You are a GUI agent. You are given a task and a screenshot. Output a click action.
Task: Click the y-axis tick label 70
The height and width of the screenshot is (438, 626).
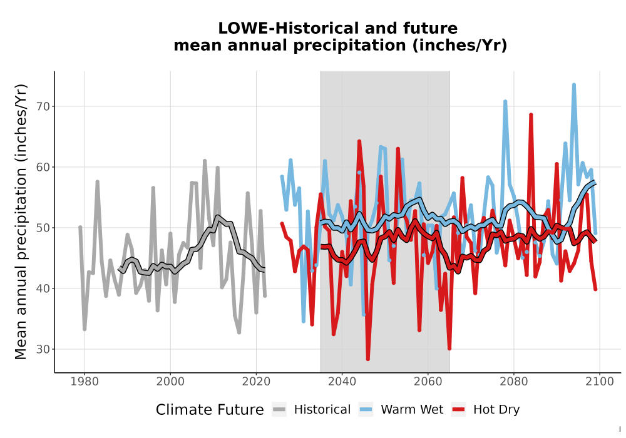tap(44, 106)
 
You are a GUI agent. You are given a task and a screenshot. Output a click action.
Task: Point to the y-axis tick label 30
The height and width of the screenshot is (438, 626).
tap(44, 349)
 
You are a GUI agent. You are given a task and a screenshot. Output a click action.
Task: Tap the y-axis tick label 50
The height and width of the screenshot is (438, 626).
tap(44, 228)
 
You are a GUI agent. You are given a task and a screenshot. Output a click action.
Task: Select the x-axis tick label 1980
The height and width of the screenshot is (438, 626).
tap(85, 382)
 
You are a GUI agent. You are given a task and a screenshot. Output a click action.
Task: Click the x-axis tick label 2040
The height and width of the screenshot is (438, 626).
tap(342, 382)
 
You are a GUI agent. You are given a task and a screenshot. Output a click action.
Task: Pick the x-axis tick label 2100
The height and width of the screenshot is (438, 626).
tap(600, 382)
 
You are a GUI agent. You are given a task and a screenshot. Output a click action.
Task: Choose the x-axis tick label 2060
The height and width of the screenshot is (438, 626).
tap(428, 382)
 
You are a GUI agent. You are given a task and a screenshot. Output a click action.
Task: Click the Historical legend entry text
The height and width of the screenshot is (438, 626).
tap(322, 410)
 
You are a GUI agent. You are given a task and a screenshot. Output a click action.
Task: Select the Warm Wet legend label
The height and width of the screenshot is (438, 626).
tap(412, 410)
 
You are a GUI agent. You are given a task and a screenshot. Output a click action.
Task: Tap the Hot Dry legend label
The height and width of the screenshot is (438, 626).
tap(496, 410)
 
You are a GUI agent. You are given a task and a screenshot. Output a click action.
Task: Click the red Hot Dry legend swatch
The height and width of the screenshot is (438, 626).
tap(459, 410)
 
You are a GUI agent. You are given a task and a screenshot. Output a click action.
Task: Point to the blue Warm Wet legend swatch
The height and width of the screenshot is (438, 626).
tap(366, 410)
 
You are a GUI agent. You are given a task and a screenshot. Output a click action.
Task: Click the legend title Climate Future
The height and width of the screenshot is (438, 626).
tap(210, 410)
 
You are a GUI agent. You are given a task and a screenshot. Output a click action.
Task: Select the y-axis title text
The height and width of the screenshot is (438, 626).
tap(21, 222)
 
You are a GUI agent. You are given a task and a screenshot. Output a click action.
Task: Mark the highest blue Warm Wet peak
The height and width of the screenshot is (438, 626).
tap(573, 84)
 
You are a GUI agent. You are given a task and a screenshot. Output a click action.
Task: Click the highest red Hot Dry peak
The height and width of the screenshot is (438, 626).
tap(531, 115)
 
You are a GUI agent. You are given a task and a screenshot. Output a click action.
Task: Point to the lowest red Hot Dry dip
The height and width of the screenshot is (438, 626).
tap(367, 359)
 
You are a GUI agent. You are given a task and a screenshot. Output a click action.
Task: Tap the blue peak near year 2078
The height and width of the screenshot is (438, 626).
tap(505, 101)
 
